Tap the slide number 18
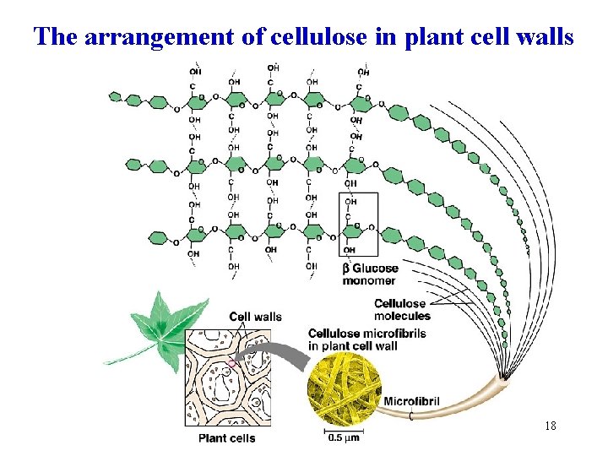click(551, 426)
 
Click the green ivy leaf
click(161, 326)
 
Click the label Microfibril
click(411, 400)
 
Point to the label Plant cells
click(226, 438)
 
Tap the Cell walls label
click(255, 317)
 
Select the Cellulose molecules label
click(402, 310)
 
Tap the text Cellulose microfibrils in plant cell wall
click(367, 339)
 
